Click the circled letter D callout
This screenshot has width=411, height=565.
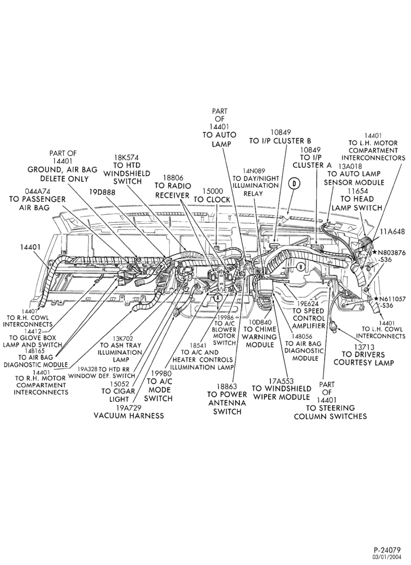[294, 184]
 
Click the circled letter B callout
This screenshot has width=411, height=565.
[300, 266]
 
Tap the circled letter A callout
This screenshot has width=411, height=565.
[217, 297]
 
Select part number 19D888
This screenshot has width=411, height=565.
[102, 192]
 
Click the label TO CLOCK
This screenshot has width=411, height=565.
[212, 199]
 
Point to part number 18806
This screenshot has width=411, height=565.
[173, 177]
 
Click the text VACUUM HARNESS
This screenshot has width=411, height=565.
[129, 415]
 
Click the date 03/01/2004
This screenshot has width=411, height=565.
[388, 557]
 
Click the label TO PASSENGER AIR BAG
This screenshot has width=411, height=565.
[37, 203]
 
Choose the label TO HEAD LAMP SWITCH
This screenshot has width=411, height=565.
[357, 203]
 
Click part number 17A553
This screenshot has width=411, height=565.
[282, 381]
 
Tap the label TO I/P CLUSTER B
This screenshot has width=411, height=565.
[280, 141]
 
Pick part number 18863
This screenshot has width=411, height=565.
[227, 386]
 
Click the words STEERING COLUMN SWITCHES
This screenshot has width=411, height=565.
[330, 412]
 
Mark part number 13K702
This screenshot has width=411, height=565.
[123, 338]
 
